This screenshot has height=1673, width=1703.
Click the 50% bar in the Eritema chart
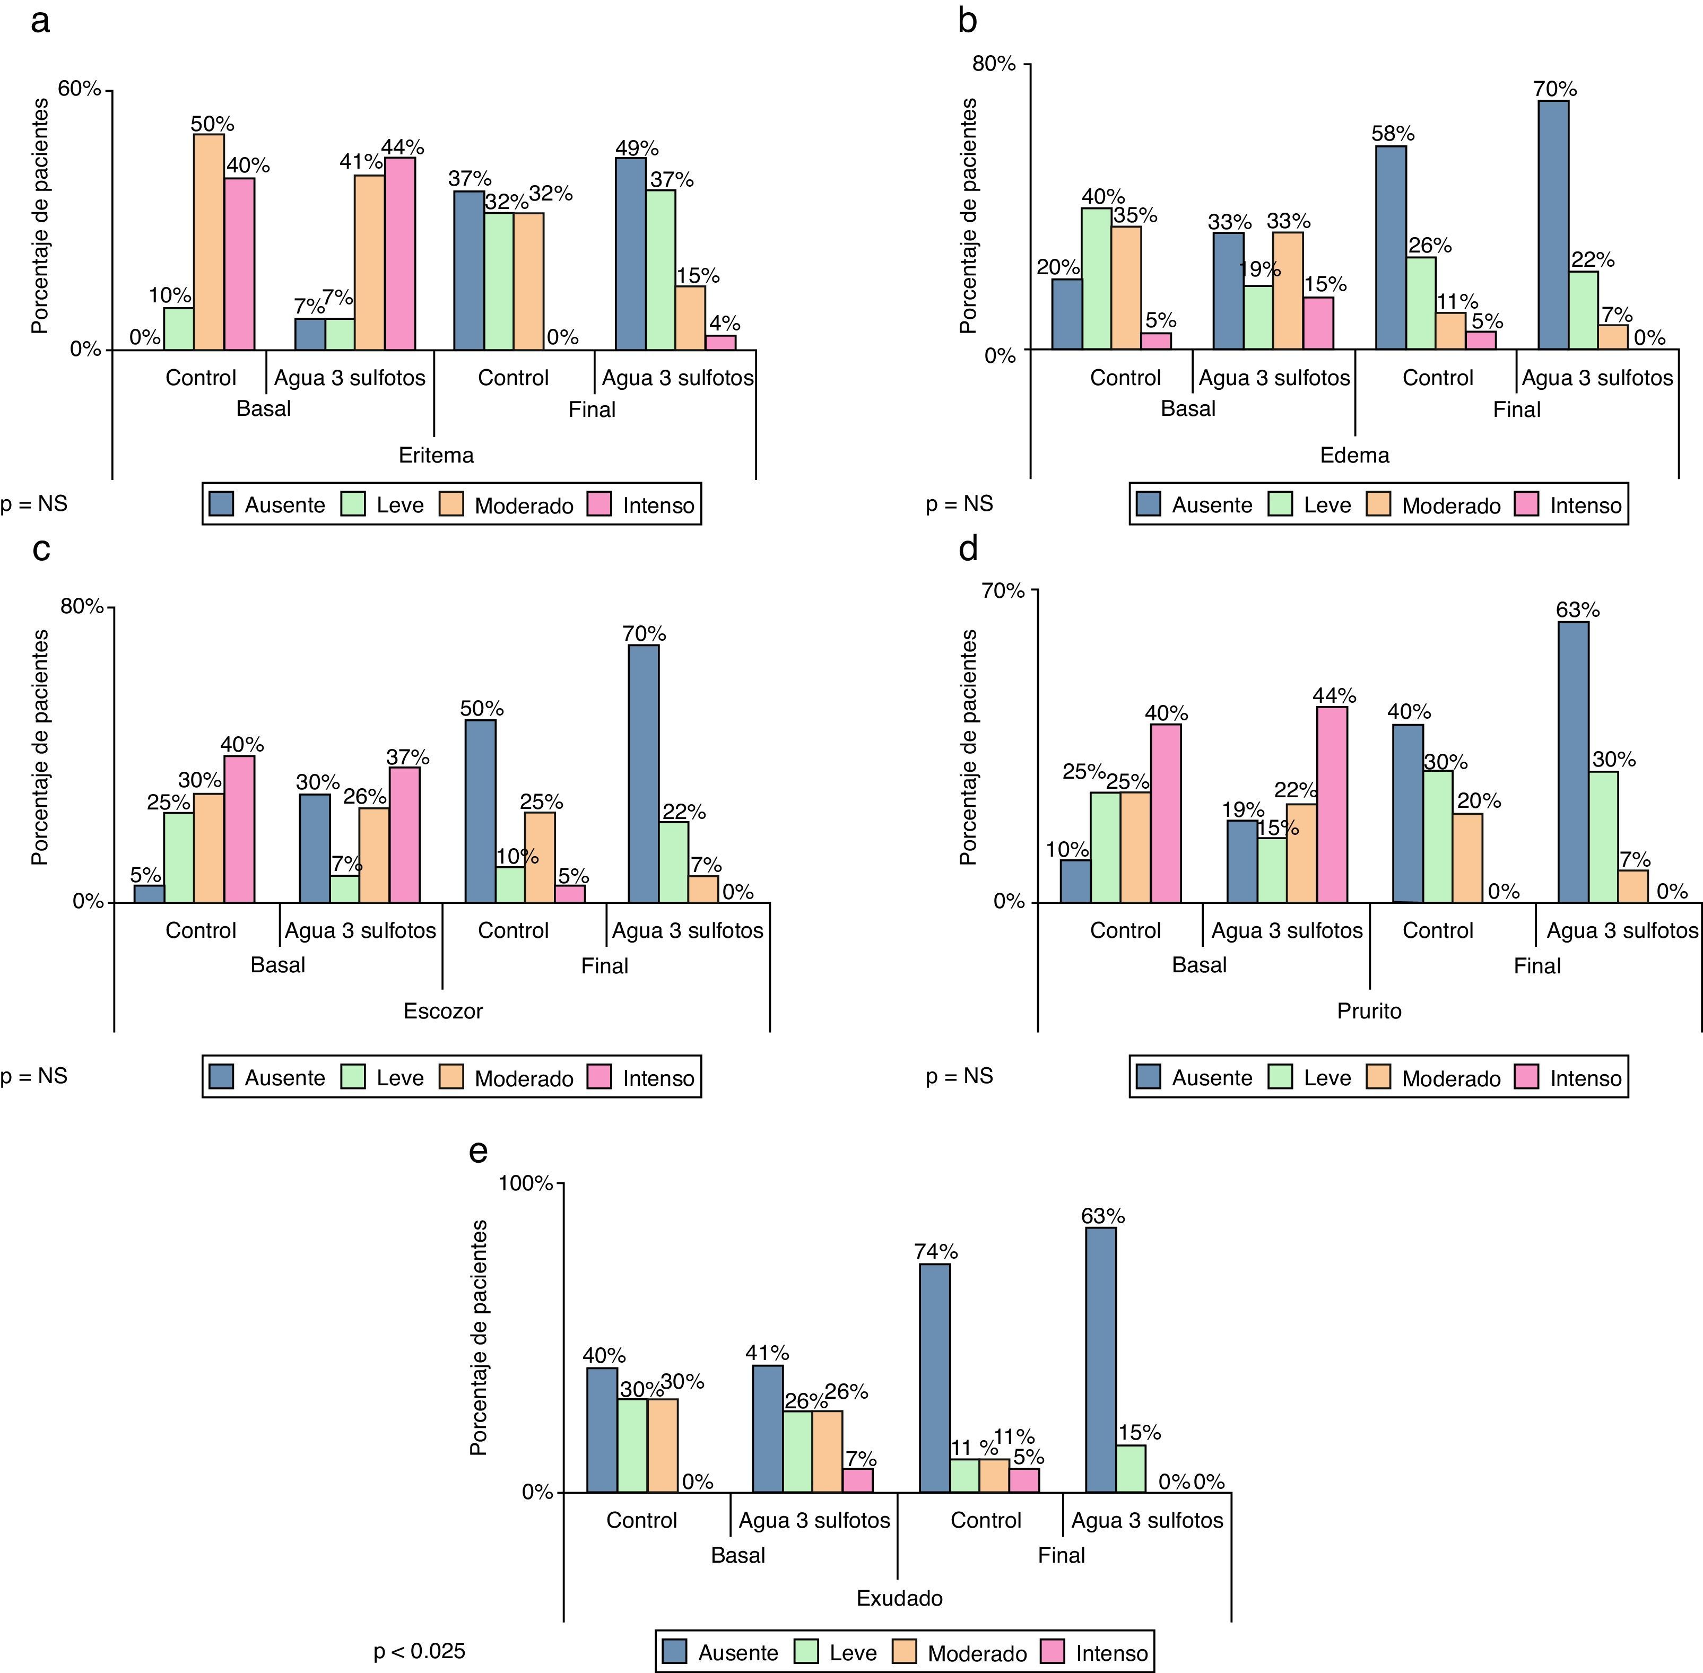point(209,242)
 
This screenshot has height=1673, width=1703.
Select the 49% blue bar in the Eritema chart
point(630,254)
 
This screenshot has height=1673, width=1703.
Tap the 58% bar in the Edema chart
point(1391,248)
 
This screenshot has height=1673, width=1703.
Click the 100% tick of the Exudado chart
point(525,1183)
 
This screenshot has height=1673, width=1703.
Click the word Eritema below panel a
point(436,455)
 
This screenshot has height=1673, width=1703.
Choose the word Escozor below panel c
point(443,1010)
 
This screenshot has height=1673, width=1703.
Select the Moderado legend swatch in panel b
point(1379,504)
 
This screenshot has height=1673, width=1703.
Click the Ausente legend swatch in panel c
point(221,1077)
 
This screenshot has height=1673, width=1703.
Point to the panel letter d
point(968,549)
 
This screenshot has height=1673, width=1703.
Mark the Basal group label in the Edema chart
point(1188,408)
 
